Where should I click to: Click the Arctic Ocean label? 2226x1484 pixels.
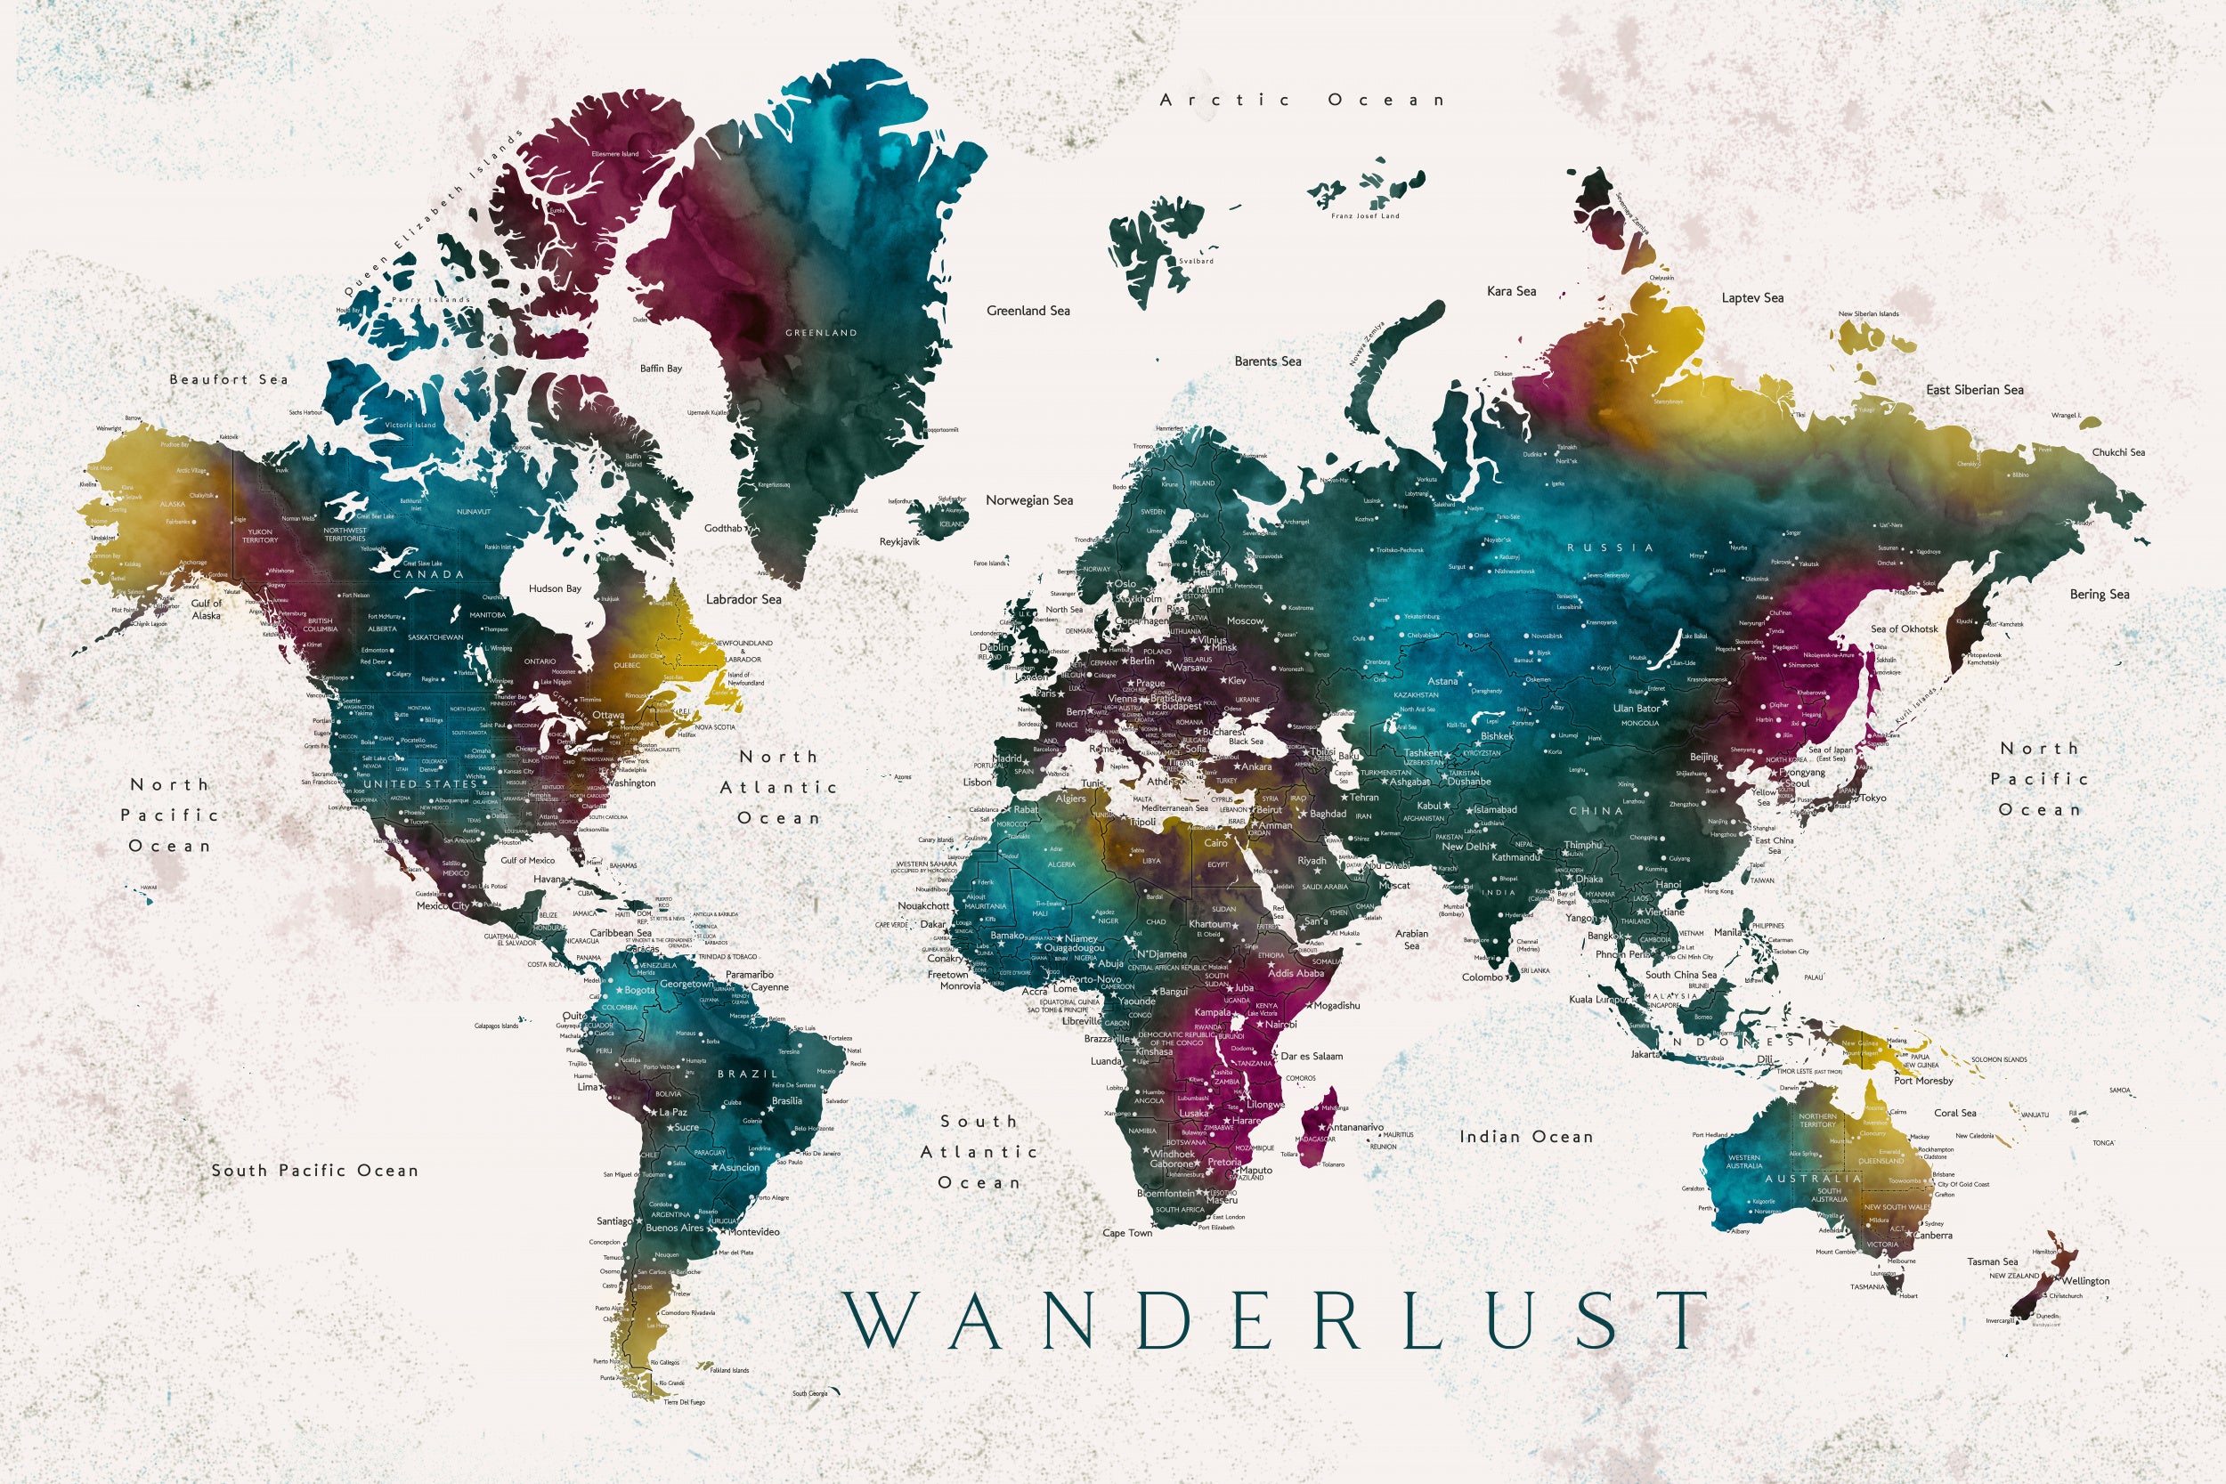tap(1303, 101)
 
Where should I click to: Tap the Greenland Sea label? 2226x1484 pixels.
tap(1028, 311)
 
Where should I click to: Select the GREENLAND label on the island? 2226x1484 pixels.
tap(821, 333)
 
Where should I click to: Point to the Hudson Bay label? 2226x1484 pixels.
tap(555, 588)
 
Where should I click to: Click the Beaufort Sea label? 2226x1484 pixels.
tap(228, 379)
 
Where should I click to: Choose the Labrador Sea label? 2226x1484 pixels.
tap(743, 599)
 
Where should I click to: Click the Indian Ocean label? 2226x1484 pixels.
tap(1525, 1137)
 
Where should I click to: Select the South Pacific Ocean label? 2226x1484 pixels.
tap(314, 1171)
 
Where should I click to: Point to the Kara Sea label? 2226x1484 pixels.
tap(1510, 291)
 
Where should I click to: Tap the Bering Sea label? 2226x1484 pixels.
tap(2100, 595)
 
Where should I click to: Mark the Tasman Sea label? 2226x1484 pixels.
tap(1992, 1261)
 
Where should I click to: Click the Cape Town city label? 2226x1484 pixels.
tap(1126, 1233)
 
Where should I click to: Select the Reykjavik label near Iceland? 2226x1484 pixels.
tap(899, 542)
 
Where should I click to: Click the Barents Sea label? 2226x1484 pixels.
tap(1267, 361)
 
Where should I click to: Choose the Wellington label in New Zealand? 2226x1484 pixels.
tap(2085, 1281)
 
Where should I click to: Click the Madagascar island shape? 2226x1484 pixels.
tap(1319, 1131)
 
